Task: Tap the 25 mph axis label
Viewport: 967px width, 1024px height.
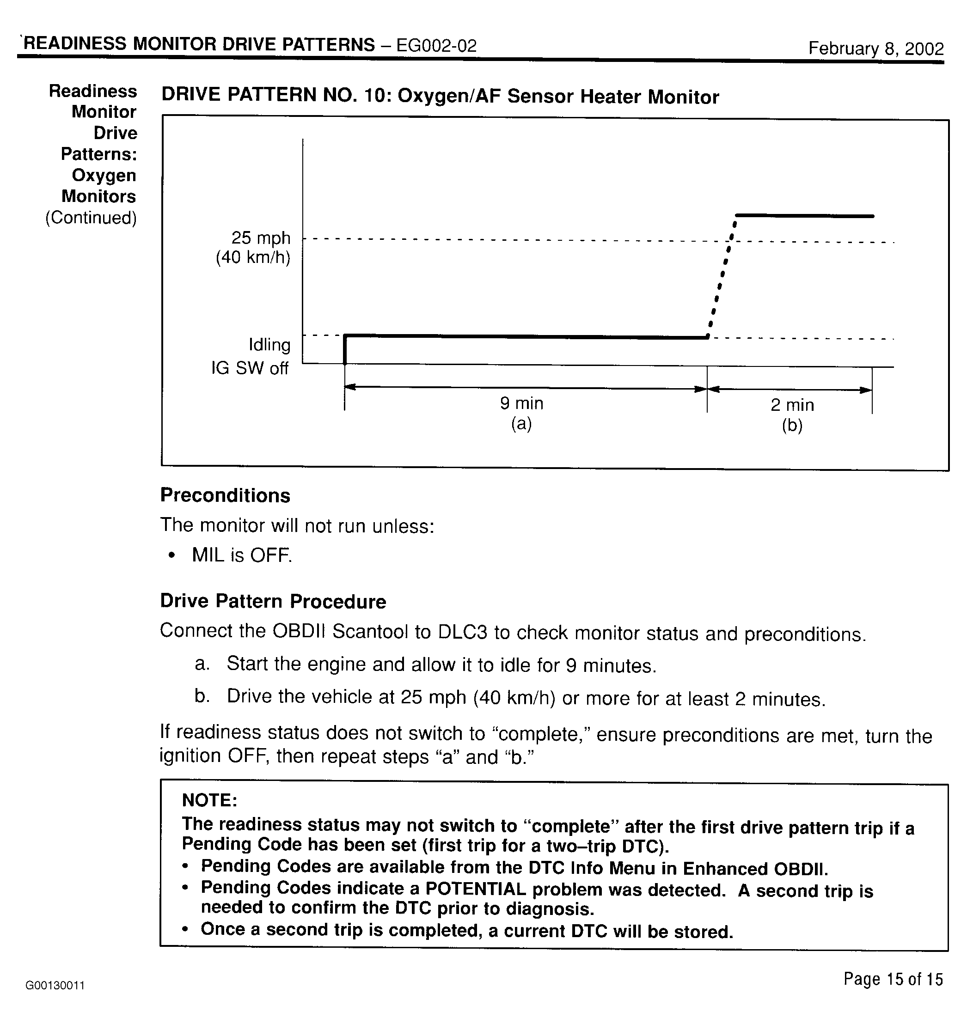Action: (x=261, y=238)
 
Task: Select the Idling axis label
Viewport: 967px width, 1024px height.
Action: (x=269, y=344)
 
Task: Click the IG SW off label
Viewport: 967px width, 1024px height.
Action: (x=250, y=368)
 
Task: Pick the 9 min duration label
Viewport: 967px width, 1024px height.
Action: (x=522, y=403)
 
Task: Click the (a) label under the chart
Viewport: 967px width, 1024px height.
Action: (x=521, y=424)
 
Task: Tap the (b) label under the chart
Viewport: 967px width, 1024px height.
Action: (x=792, y=426)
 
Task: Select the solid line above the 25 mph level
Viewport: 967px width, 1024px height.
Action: (x=804, y=216)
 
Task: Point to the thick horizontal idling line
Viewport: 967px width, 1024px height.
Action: (x=526, y=337)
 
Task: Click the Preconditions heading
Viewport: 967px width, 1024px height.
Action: (x=225, y=495)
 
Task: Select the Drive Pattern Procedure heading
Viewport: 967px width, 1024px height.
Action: (x=273, y=601)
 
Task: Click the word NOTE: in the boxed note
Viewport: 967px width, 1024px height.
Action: (x=209, y=800)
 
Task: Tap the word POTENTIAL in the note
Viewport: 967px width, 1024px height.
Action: (x=475, y=889)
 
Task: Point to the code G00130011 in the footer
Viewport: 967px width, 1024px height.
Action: (x=55, y=986)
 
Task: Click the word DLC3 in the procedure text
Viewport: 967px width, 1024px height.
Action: (x=462, y=632)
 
